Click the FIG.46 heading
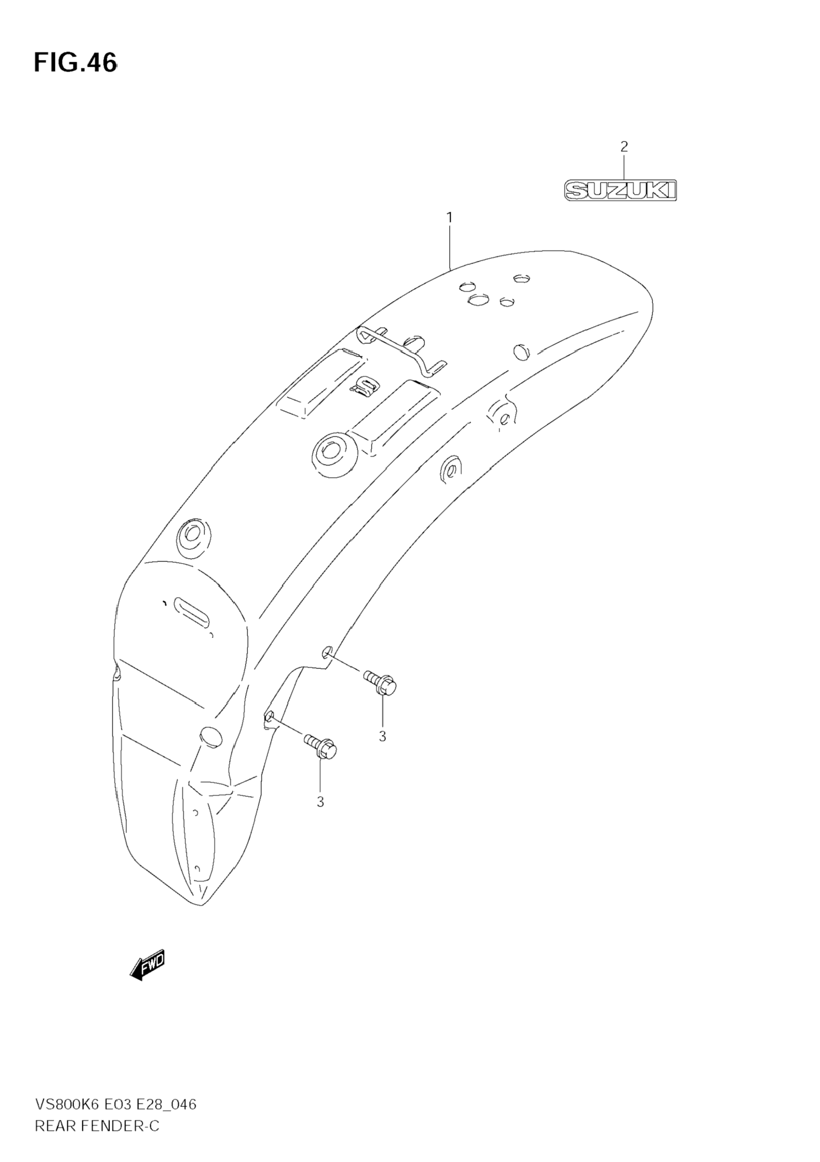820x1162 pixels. point(75,63)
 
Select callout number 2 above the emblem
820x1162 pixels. point(624,147)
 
